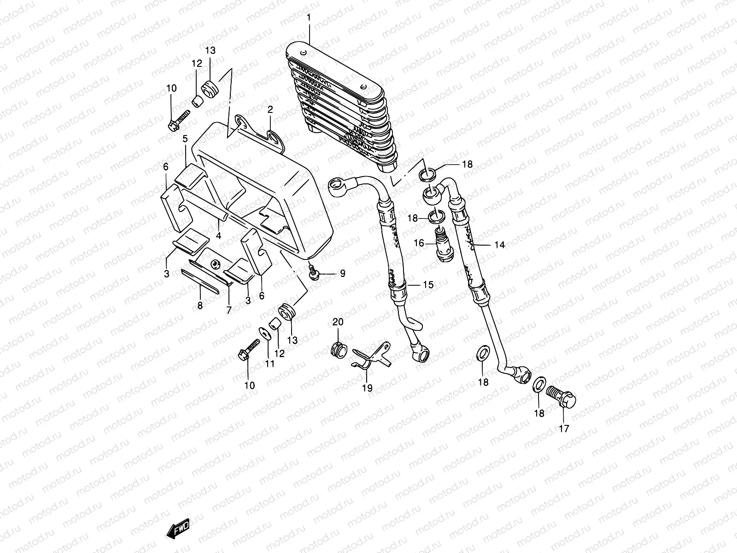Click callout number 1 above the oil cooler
click(x=309, y=18)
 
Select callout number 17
click(x=564, y=429)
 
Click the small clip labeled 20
click(x=339, y=350)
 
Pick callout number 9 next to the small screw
click(x=342, y=274)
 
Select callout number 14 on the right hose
click(x=499, y=245)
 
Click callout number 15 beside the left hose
click(x=428, y=285)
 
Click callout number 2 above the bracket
click(x=270, y=110)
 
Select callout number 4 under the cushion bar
click(x=219, y=235)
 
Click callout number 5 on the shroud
click(x=185, y=139)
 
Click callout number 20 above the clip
click(x=338, y=322)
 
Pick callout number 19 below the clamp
click(x=367, y=388)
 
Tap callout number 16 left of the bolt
click(x=418, y=243)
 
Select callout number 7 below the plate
click(x=228, y=311)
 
